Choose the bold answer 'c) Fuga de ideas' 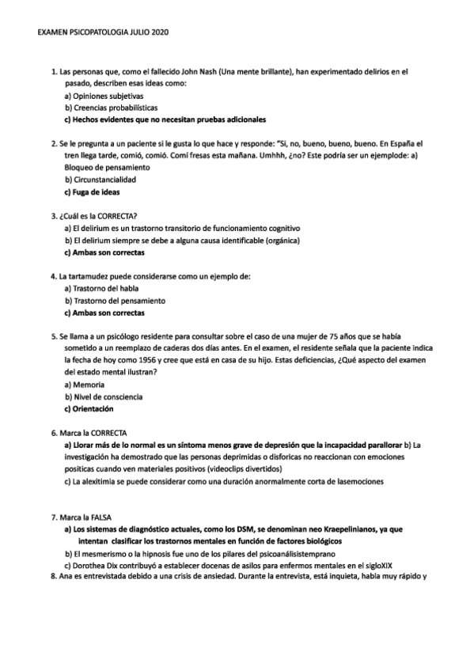93,191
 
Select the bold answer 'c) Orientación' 89,409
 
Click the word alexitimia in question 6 99,481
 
